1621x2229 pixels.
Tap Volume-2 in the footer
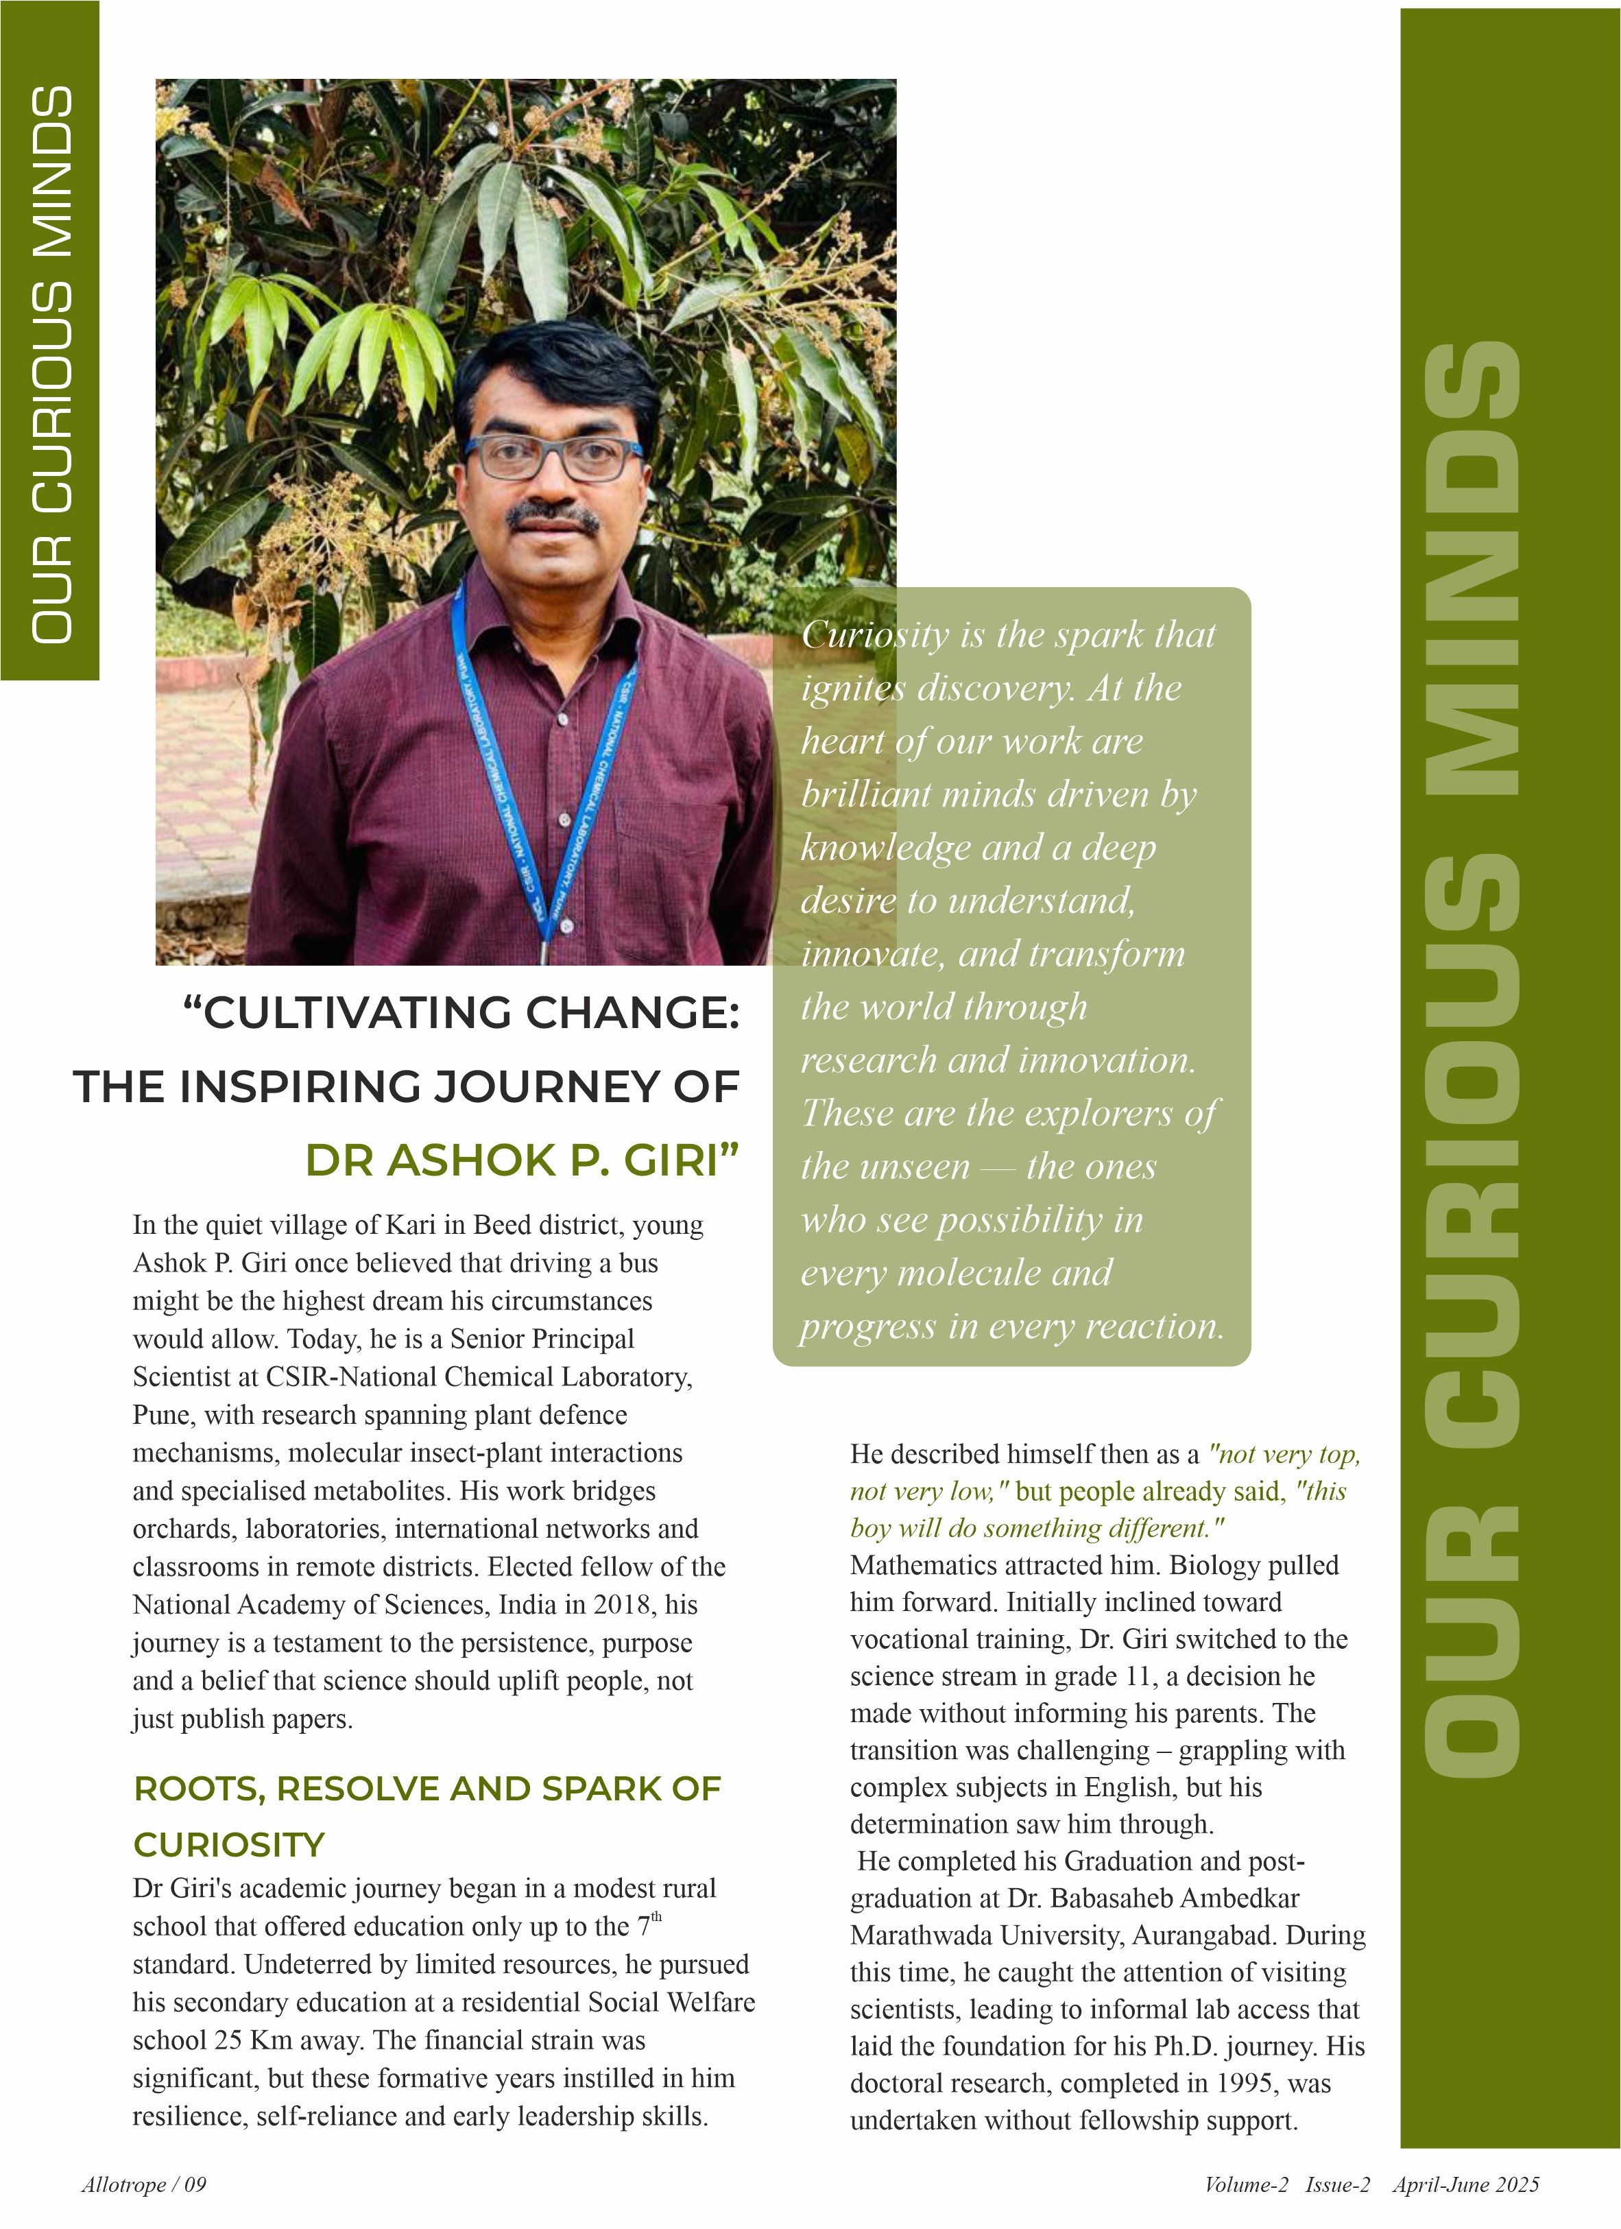1246,2184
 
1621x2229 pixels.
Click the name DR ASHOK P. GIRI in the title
520,1160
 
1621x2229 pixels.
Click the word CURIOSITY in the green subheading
229,1845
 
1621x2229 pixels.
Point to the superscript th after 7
656,1916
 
